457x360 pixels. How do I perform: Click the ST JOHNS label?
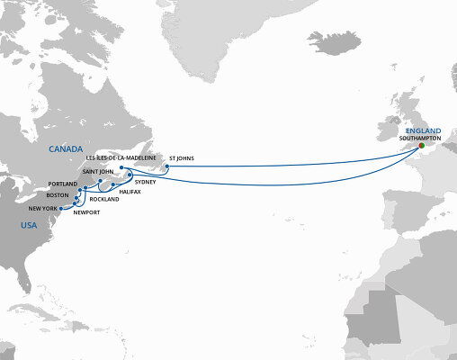182,158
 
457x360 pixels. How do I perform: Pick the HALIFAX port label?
131,193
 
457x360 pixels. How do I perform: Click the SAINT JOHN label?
97,170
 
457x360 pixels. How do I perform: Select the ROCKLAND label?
105,199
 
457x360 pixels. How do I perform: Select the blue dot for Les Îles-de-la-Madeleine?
120,166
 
